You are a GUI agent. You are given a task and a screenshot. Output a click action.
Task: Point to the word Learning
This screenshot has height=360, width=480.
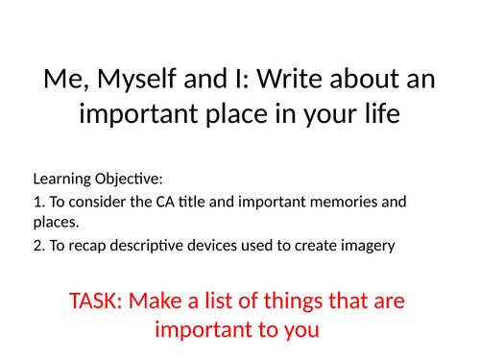click(x=61, y=180)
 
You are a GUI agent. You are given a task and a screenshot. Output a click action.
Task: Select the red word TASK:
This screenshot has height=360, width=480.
click(x=98, y=300)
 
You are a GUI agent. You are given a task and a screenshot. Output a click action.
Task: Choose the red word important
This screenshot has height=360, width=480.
click(x=204, y=331)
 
